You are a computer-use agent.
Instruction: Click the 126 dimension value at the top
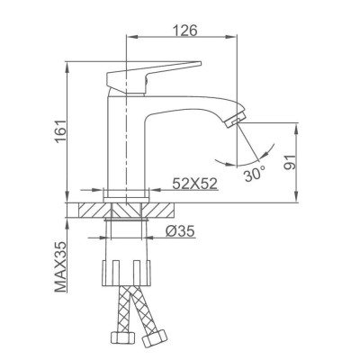click(x=185, y=28)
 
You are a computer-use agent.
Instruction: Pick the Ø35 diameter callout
click(x=182, y=232)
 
